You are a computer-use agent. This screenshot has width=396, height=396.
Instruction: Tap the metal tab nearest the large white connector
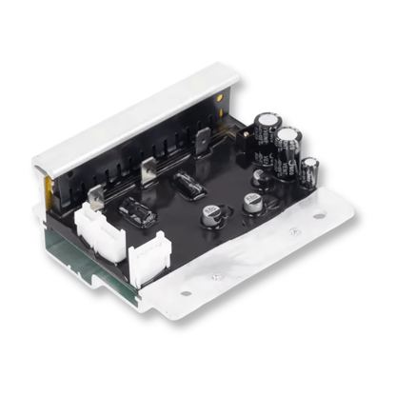click(95, 197)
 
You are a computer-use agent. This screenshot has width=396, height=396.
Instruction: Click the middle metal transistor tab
click(147, 171)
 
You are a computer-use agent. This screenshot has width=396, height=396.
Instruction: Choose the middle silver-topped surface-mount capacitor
click(251, 202)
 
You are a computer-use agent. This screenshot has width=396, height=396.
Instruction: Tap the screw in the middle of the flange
click(217, 275)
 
